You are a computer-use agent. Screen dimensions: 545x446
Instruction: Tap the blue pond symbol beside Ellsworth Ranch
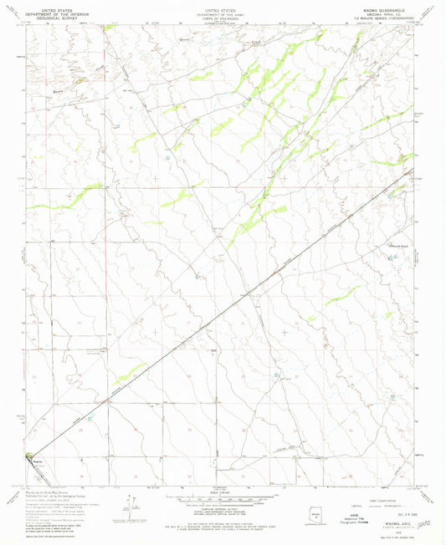(390, 257)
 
